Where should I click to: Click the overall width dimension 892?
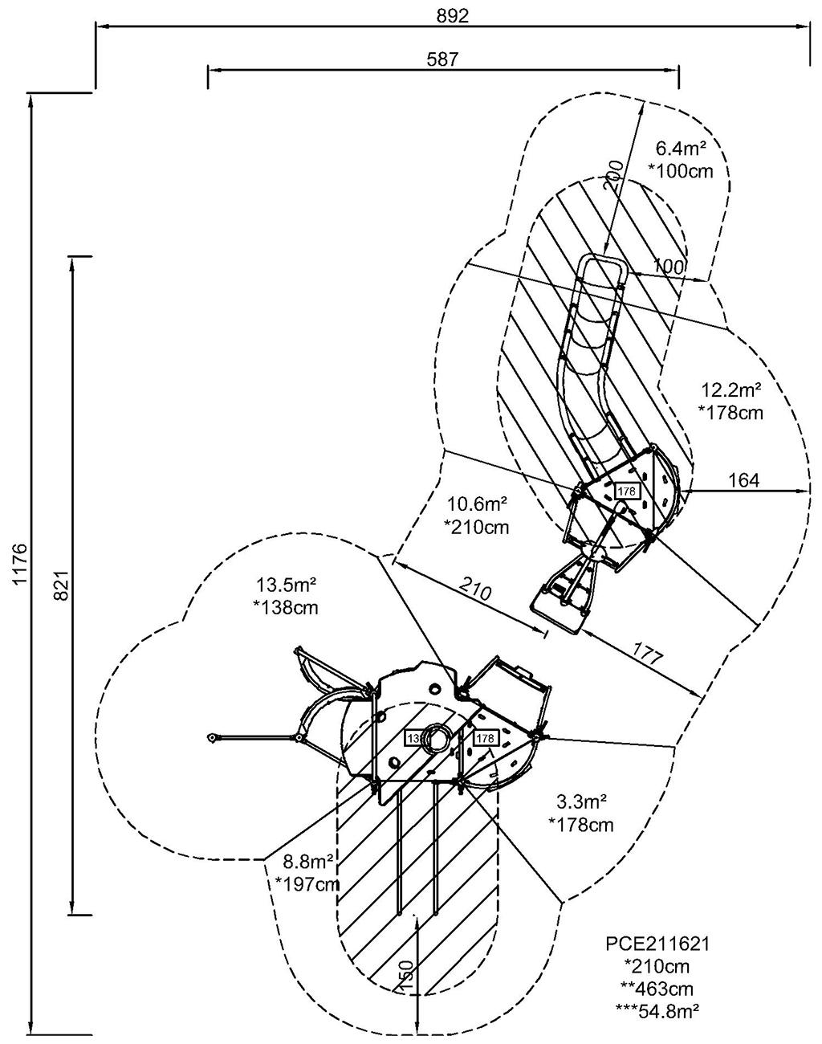453,16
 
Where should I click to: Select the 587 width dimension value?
443,59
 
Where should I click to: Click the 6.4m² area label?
681,149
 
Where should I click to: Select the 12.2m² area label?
730,391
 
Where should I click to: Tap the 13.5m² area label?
287,584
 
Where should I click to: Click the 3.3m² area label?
580,801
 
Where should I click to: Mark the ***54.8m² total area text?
657,1010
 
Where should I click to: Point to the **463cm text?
657,989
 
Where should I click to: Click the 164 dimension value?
743,480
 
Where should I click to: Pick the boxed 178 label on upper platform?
626,490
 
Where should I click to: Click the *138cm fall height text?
285,607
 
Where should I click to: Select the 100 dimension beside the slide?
669,266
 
